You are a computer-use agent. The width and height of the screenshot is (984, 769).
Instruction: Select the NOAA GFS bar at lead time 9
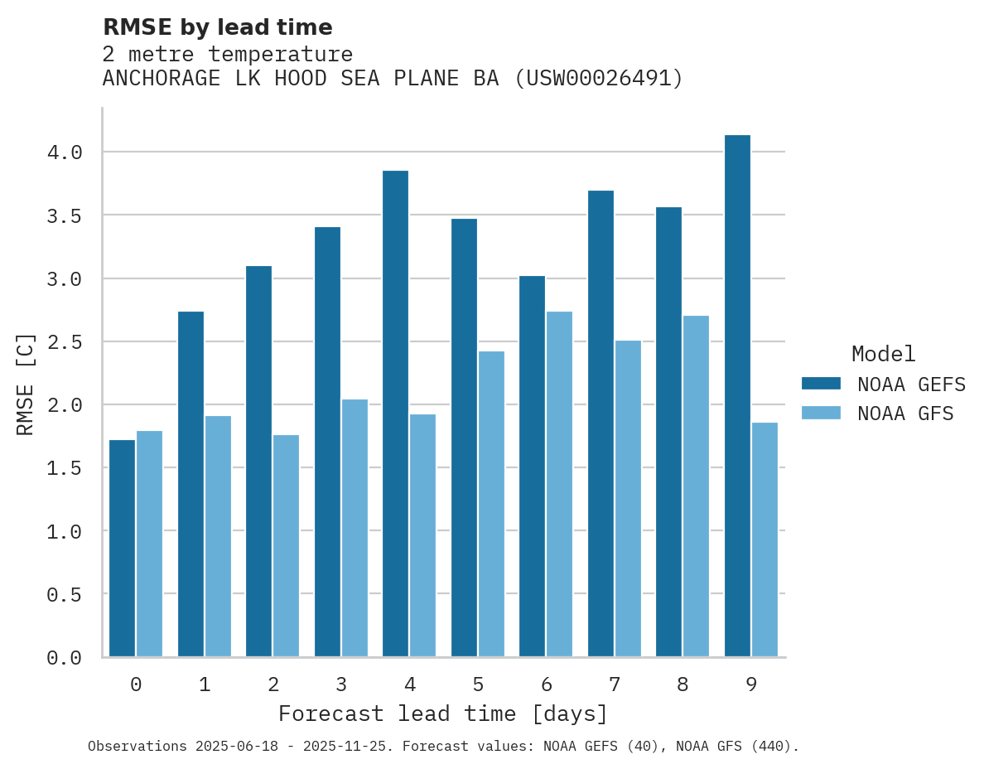tap(765, 539)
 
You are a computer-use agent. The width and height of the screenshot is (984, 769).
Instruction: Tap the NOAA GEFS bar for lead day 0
tap(122, 548)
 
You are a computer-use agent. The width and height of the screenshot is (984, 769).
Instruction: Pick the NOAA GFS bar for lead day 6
tap(559, 484)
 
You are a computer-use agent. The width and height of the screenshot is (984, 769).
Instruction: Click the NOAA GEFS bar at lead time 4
tap(395, 414)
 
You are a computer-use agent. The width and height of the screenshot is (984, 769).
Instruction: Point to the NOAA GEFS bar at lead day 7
tap(601, 423)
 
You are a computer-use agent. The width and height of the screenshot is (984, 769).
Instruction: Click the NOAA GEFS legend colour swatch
tap(821, 384)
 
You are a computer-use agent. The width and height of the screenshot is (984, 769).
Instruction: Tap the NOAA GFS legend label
tap(905, 414)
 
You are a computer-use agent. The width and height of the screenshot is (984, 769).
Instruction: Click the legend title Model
tap(883, 355)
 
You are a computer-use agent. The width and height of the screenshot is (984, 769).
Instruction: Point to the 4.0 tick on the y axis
tap(65, 152)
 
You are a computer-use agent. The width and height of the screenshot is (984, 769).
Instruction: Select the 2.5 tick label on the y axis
tap(65, 341)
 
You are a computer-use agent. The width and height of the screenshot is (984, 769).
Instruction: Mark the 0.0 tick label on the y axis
tap(65, 658)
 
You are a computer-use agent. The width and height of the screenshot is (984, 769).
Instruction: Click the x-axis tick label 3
tap(341, 684)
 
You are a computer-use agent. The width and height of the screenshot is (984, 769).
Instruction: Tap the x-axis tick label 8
tap(683, 684)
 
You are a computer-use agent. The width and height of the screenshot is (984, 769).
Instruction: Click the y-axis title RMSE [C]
tap(26, 384)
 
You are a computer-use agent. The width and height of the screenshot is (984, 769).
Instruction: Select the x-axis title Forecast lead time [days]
tap(443, 713)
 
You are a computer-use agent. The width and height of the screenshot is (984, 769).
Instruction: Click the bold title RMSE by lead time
tap(217, 27)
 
